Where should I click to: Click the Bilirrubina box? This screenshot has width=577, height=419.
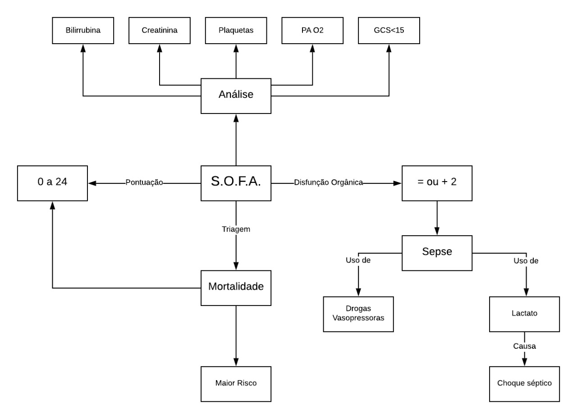point(83,31)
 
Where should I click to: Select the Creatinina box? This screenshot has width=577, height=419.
point(159,31)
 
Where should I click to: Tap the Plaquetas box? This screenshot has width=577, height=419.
point(236,31)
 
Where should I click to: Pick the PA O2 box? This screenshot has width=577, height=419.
point(312,31)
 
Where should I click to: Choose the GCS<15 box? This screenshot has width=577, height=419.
point(389,31)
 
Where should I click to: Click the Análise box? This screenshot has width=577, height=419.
point(236,96)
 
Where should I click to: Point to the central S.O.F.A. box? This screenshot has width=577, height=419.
point(236,183)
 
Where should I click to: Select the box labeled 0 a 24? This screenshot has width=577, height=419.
point(52,183)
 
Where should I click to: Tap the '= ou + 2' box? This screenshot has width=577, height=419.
point(437,183)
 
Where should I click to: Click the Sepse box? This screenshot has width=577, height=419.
point(437,253)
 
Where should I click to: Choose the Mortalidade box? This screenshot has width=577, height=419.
point(236,287)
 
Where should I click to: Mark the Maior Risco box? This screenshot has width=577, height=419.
point(236,384)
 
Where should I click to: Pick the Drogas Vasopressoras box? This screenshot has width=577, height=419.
point(358,314)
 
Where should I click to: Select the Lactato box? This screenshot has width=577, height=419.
point(524,314)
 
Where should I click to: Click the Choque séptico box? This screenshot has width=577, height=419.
point(524,384)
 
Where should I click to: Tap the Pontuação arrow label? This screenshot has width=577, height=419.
point(144,183)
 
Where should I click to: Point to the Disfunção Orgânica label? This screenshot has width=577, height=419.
point(329,183)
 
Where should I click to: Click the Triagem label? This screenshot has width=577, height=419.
point(236,229)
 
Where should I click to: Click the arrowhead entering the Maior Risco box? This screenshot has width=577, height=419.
point(236,363)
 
